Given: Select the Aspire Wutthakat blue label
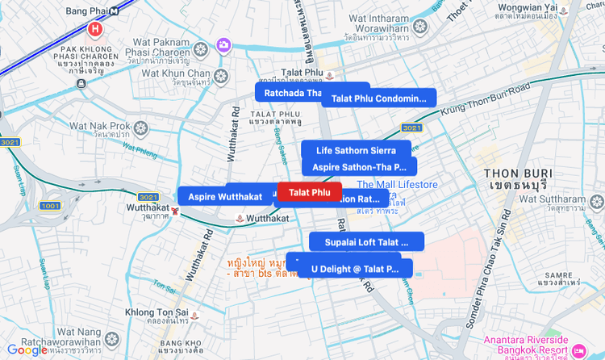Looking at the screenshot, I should point(225,196).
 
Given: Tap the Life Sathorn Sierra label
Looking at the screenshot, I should point(356,150).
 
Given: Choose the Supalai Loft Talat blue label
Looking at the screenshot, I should point(367,241).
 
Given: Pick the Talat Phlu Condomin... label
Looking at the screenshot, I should point(378,98).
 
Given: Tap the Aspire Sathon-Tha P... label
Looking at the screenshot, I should point(359,166).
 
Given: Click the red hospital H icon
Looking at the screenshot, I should point(95,30).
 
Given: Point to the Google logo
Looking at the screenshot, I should point(27,350).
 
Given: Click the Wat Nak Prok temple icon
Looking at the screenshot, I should point(142,127).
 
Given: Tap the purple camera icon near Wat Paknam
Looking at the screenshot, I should point(223,44).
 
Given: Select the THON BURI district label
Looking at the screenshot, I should point(517,179).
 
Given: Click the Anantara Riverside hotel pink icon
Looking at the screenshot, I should point(580,350).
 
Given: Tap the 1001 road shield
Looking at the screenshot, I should point(49,206).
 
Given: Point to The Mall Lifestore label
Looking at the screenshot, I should point(397,185).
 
